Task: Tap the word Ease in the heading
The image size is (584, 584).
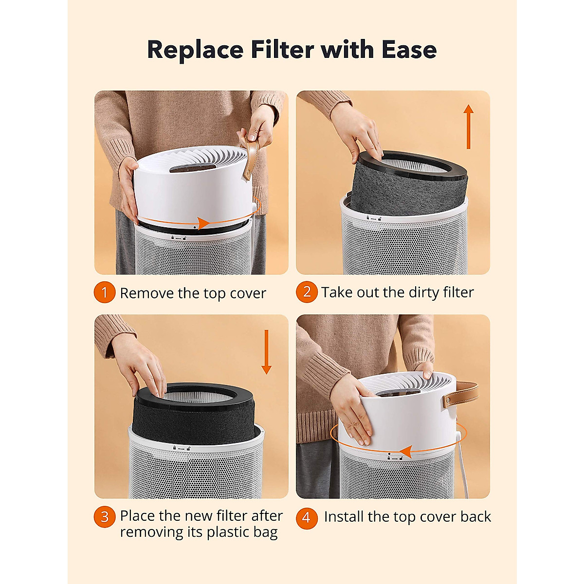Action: coord(409,50)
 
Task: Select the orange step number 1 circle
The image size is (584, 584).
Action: coord(104,292)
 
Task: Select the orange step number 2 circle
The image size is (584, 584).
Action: coord(307,292)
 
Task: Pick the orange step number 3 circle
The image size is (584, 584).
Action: coord(104,516)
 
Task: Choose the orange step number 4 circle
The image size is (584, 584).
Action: coord(307,517)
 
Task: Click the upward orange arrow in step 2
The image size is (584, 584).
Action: coord(468,127)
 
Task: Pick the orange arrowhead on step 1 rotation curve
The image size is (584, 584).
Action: coord(203,223)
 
